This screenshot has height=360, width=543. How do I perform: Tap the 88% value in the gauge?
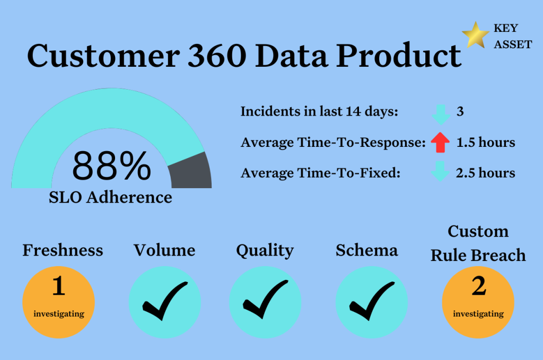[111, 166]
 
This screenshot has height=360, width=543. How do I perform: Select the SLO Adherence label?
[110, 197]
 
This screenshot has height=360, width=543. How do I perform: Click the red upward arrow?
[440, 142]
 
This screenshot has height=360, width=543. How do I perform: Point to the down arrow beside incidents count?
[441, 115]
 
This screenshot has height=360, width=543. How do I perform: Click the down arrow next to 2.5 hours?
[440, 171]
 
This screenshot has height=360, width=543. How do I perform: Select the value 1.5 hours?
[486, 142]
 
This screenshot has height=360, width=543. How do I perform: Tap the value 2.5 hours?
[486, 173]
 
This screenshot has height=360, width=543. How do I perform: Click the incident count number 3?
[460, 111]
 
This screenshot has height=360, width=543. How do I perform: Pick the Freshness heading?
[63, 250]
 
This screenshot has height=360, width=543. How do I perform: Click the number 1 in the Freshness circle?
[59, 286]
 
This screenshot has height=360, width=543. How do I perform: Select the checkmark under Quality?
[265, 299]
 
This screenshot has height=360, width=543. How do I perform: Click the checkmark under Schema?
[372, 301]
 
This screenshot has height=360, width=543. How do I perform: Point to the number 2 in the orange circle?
[479, 286]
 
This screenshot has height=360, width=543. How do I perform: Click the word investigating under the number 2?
[478, 314]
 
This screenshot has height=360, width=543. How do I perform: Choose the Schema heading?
[367, 250]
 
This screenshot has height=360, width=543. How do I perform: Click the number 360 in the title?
[217, 55]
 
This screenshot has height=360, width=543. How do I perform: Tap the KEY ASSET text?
[513, 36]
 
